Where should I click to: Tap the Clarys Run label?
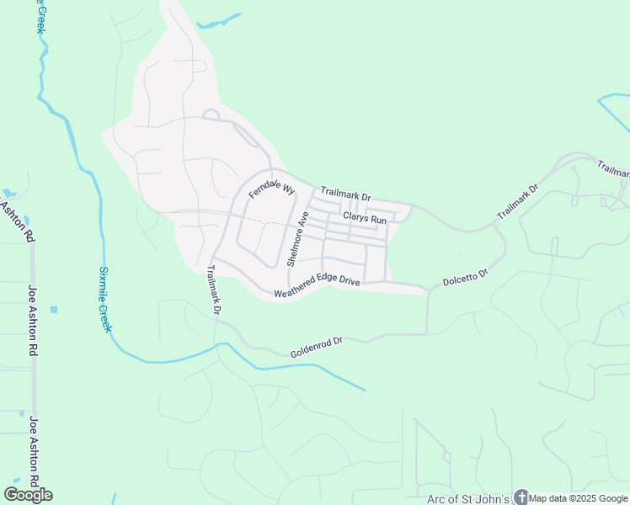[364, 220]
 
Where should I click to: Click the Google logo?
[28, 494]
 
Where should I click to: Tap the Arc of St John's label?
[467, 499]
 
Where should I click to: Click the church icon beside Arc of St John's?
[521, 498]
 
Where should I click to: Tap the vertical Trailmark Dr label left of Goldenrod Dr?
[213, 290]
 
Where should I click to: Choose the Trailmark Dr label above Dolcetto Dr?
[515, 203]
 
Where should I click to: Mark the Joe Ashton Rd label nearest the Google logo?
[34, 451]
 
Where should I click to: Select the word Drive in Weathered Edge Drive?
[350, 281]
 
